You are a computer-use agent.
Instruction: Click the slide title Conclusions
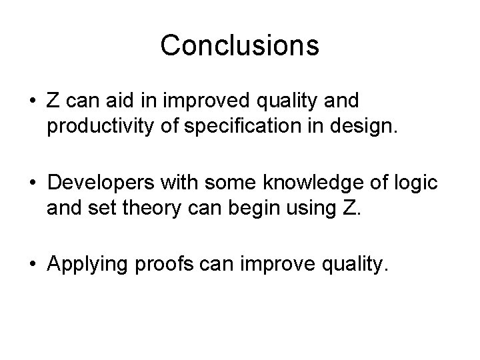pos(239,45)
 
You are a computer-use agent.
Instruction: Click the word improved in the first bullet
pos(207,101)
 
